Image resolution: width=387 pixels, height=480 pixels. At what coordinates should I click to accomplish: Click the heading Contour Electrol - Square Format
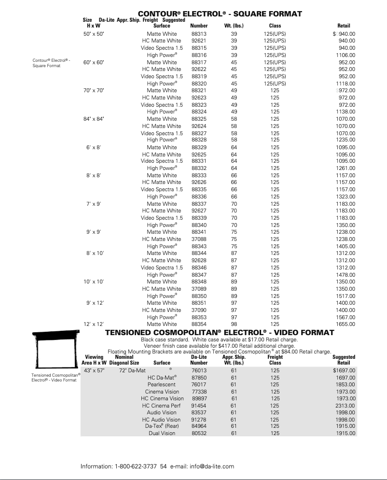click(x=220, y=14)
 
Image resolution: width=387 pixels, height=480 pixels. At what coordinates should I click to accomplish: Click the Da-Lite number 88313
click(x=199, y=34)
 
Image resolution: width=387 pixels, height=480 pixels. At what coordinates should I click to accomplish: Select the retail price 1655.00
click(x=346, y=325)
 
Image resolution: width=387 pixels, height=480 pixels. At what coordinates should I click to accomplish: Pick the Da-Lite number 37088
click(x=199, y=239)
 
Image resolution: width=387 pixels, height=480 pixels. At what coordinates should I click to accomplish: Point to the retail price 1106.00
click(x=346, y=55)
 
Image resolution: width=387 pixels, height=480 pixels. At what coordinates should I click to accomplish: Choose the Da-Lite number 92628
click(x=199, y=260)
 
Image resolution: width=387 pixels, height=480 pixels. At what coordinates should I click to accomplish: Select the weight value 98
click(x=234, y=325)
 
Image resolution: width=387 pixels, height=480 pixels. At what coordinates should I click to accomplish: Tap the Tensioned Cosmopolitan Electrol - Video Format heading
click(x=220, y=333)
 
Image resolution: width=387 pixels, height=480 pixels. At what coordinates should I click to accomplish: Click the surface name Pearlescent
click(x=162, y=384)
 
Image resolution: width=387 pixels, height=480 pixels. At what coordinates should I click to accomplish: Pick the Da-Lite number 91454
click(x=199, y=406)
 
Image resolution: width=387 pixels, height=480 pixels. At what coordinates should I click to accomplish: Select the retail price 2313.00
click(x=346, y=406)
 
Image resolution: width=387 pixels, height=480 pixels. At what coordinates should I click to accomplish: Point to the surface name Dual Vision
click(x=162, y=434)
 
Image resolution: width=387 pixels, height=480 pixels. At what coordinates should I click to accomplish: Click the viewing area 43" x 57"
click(x=94, y=370)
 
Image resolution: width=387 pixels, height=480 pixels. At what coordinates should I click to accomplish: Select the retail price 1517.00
click(x=346, y=296)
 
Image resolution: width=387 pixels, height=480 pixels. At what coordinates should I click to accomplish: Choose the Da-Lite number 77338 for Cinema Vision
click(x=199, y=392)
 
